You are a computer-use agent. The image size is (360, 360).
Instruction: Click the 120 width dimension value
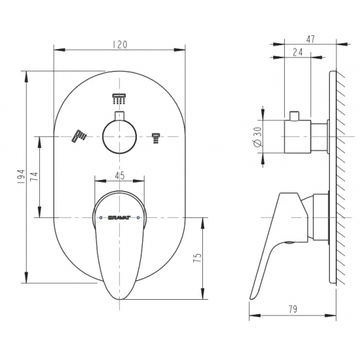pos(120,45)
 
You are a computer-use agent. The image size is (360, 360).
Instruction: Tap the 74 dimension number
pos(35,176)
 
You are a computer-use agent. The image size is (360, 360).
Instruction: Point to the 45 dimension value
pos(120,175)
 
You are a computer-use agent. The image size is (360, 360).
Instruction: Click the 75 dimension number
pos(198,258)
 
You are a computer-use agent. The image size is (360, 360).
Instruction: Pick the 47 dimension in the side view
pos(310,39)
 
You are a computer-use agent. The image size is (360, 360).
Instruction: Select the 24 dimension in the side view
pos(298,52)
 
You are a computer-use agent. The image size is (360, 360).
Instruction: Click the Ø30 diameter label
pos(257,137)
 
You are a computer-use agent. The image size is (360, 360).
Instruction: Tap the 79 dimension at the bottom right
pos(293,309)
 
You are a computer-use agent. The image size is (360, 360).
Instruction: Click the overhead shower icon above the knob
pos(119,99)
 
